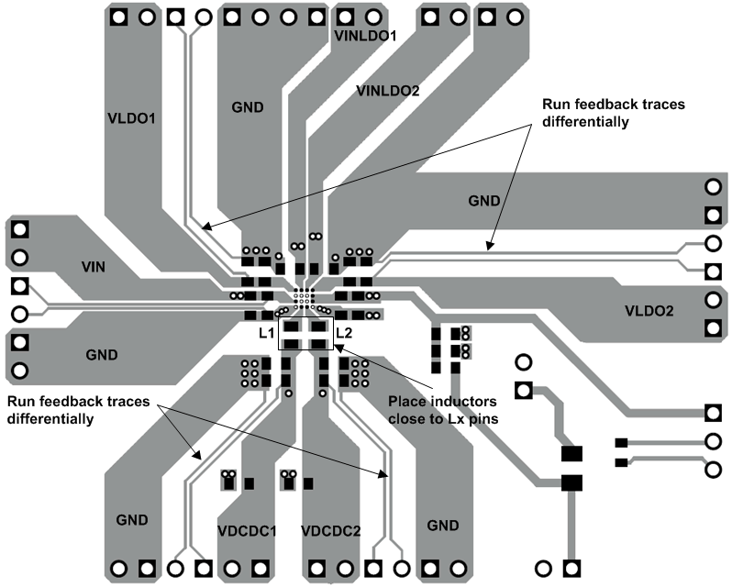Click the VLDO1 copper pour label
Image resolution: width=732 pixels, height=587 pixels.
pyautogui.click(x=132, y=118)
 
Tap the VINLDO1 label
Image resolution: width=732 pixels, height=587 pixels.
pyautogui.click(x=365, y=37)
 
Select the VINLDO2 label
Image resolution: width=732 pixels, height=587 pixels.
pyautogui.click(x=387, y=91)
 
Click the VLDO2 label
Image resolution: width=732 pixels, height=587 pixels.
pyautogui.click(x=649, y=311)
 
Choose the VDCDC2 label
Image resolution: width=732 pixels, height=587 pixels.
pyautogui.click(x=330, y=530)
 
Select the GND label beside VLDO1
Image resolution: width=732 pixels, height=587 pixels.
pyautogui.click(x=248, y=107)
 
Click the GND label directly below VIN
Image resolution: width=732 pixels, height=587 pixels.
pyautogui.click(x=102, y=354)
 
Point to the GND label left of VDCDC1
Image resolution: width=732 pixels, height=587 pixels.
pyautogui.click(x=132, y=520)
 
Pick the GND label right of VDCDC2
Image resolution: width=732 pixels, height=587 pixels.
pyautogui.click(x=443, y=526)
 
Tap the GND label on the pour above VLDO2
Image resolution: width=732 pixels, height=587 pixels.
pyautogui.click(x=484, y=200)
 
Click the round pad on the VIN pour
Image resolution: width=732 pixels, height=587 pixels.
pyautogui.click(x=20, y=257)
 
